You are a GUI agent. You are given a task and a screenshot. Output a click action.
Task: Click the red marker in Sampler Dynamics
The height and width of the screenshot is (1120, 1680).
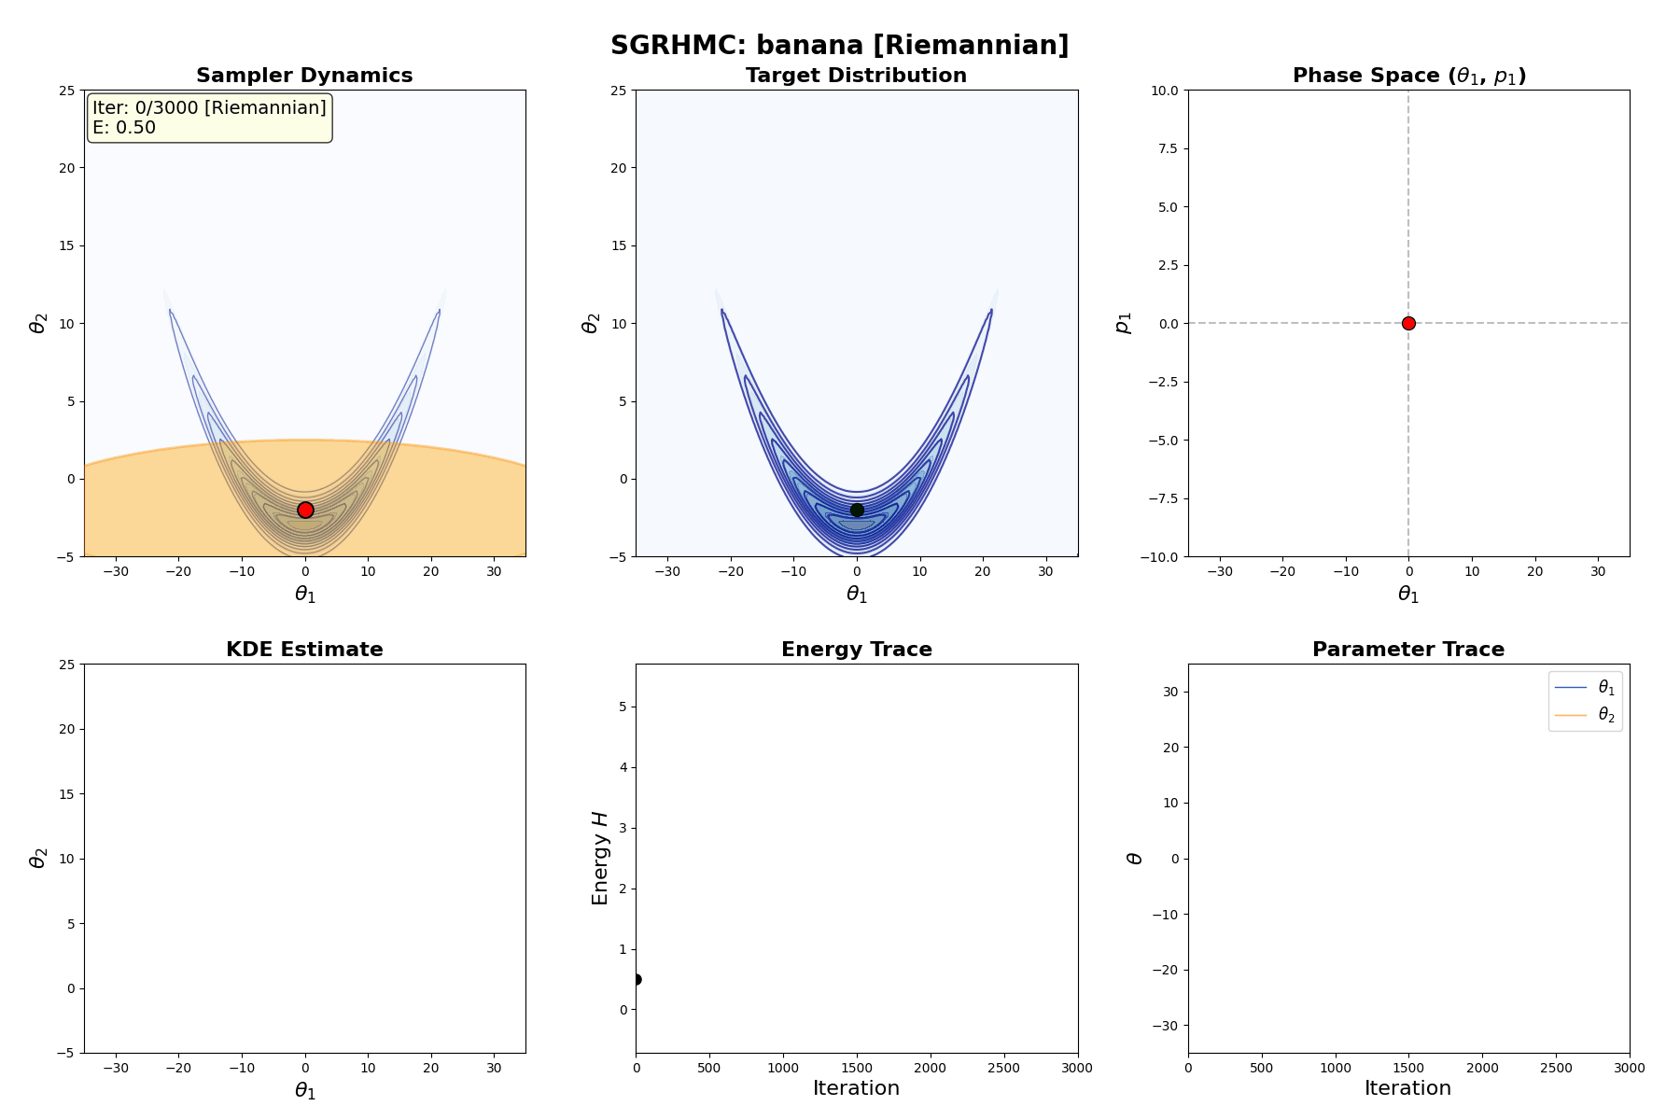(305, 510)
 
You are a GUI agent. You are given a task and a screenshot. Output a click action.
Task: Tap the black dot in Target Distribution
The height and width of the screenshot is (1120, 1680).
(857, 510)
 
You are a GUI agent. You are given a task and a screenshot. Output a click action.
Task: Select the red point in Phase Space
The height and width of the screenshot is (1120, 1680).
(1408, 323)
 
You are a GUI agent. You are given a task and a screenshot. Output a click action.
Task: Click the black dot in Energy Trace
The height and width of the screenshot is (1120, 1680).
(637, 979)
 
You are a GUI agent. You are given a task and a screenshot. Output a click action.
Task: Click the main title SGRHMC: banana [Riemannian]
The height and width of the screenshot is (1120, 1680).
(839, 45)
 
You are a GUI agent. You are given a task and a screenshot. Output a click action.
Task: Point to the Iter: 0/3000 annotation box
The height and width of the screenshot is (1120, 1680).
(209, 118)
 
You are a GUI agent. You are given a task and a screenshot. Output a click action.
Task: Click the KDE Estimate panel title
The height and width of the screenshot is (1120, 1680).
(304, 650)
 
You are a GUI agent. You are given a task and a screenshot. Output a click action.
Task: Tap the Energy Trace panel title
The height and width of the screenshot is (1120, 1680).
(856, 650)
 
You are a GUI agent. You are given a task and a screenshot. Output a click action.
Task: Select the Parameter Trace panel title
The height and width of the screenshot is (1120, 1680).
(1407, 650)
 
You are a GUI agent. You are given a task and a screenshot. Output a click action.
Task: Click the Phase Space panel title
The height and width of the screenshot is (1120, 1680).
(1408, 76)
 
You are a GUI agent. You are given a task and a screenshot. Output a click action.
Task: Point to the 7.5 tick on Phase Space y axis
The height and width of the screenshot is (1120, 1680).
(1168, 148)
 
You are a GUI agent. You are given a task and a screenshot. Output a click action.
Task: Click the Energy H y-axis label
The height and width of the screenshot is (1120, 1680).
(600, 858)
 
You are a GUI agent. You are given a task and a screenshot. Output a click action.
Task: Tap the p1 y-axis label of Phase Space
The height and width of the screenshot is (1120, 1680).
(1124, 323)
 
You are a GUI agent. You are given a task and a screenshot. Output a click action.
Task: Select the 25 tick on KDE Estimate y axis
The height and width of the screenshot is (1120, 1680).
(66, 665)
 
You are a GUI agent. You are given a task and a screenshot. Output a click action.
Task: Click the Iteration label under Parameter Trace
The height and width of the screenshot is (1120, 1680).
(1407, 1088)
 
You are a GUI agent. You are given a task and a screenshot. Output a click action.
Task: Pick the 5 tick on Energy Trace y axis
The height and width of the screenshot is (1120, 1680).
(621, 707)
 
